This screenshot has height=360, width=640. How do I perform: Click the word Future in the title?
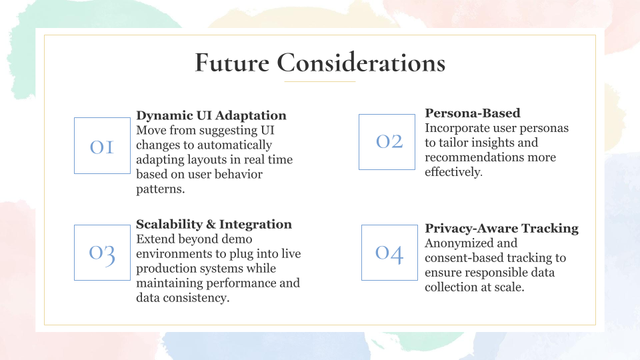(232, 63)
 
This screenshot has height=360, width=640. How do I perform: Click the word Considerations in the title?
(361, 63)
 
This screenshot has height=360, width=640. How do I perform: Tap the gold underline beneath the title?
(319, 81)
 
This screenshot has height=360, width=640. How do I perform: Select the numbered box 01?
(102, 146)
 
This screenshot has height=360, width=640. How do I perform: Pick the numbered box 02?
(387, 141)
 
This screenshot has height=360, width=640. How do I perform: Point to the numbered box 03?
(102, 253)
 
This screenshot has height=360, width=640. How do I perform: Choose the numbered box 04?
(389, 253)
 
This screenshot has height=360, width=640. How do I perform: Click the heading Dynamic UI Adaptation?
(211, 115)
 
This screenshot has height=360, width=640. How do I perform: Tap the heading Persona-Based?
(473, 113)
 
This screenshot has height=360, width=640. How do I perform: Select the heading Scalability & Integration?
(214, 224)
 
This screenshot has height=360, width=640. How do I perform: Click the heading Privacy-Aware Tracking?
(501, 228)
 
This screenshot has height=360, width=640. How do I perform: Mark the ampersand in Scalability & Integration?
(211, 224)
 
